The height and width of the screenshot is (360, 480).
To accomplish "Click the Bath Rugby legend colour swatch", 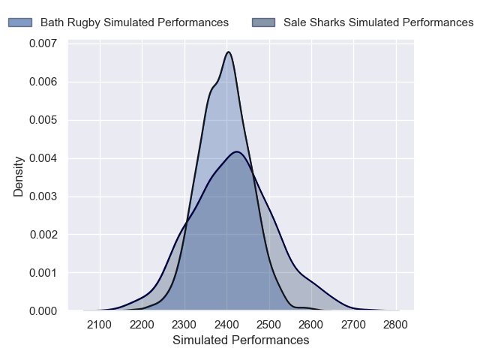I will coord(21,22).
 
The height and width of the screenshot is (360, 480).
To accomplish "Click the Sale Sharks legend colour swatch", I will coord(264,22).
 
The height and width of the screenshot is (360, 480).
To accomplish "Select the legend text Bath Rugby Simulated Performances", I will coord(134,22).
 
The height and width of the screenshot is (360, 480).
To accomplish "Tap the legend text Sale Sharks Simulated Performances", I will coord(378,22).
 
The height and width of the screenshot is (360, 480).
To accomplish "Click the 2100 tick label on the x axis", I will coord(99,325).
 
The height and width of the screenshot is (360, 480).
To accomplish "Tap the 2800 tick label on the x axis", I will coord(396,325).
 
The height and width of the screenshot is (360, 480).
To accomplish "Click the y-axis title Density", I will coord(19,176).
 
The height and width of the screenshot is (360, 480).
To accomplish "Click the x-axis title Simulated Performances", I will coord(241,340).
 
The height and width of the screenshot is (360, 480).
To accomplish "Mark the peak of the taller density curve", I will coord(228,52).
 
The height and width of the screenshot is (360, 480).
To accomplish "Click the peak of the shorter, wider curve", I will coord(237,151).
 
